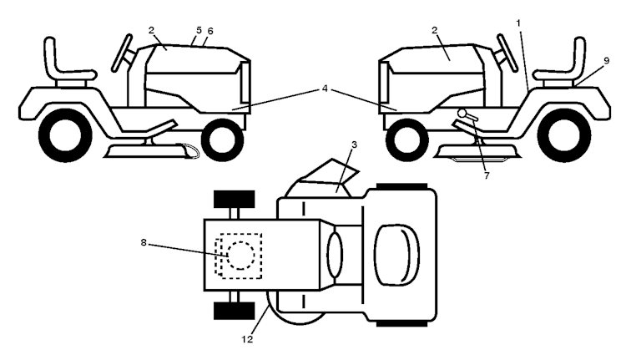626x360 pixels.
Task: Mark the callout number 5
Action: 197,30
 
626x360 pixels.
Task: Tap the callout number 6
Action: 210,31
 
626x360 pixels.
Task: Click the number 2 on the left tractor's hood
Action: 152,33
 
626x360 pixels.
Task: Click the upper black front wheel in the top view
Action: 234,200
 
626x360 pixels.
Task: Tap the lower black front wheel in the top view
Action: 234,311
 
